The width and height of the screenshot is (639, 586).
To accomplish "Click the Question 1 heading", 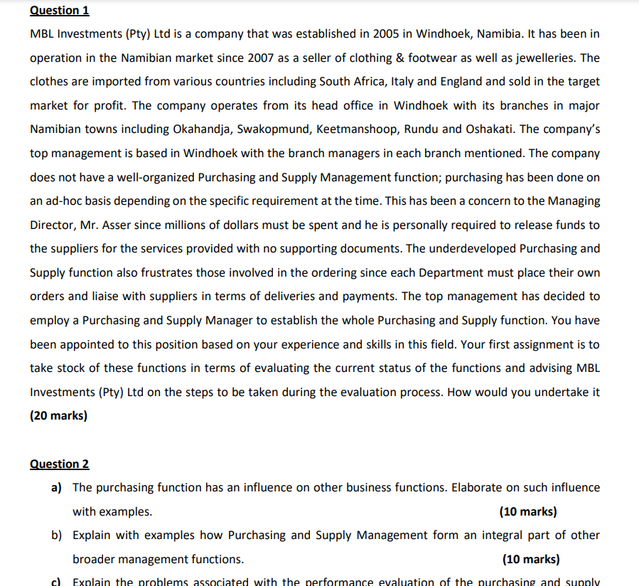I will point(60,11).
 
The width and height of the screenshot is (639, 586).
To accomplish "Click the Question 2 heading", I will point(60,464).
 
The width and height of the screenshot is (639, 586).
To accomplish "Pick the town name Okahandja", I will point(202,129).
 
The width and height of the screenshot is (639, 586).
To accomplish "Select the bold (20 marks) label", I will point(58,416).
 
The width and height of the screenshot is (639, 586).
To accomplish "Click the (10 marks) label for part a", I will point(528,512).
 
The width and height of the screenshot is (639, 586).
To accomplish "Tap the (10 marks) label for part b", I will point(531,560).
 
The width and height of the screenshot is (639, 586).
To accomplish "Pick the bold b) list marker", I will point(56,536).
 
